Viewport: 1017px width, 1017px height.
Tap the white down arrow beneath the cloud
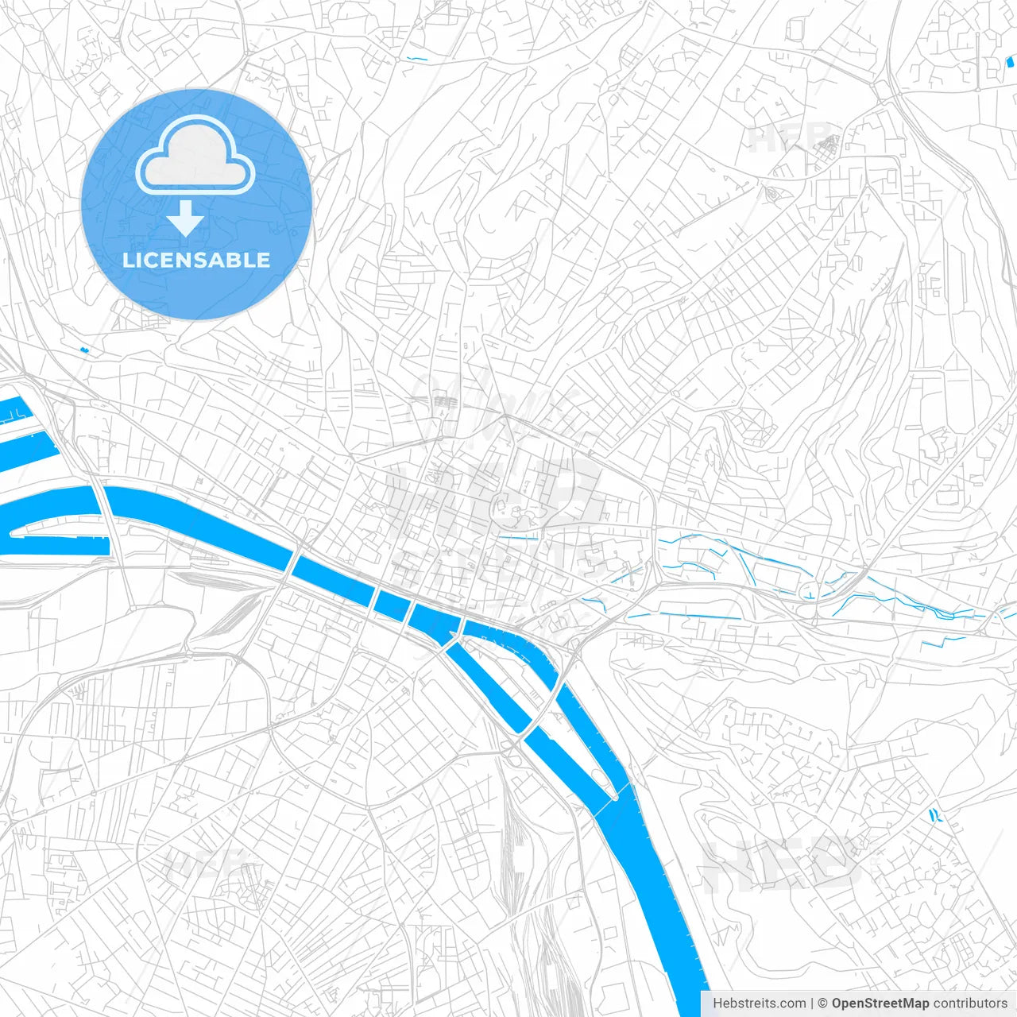tap(186, 218)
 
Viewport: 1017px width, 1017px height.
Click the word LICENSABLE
tap(196, 260)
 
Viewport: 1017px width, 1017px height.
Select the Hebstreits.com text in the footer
tap(760, 1003)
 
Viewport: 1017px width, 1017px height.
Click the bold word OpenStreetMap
tap(880, 1003)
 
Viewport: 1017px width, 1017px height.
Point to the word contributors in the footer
tap(970, 1003)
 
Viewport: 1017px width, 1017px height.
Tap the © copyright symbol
tap(823, 1003)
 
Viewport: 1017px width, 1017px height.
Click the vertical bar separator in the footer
tap(813, 1003)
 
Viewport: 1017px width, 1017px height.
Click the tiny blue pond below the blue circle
tap(84, 349)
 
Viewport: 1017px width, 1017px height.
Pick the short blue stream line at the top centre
tap(416, 59)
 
